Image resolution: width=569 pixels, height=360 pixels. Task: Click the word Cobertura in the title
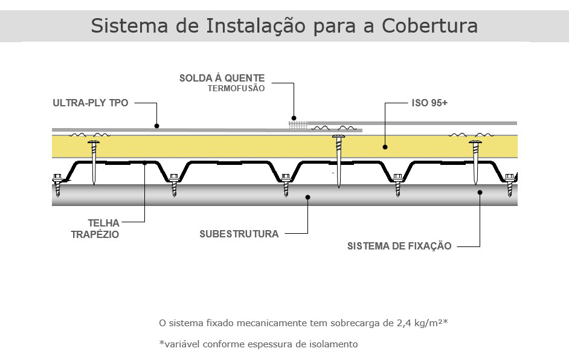click(x=429, y=25)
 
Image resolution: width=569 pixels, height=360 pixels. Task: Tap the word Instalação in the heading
click(x=256, y=27)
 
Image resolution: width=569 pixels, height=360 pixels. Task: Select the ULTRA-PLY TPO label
click(x=91, y=103)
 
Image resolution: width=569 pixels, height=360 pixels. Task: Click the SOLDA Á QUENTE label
click(x=222, y=78)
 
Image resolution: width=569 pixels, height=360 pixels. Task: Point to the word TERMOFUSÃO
click(x=236, y=89)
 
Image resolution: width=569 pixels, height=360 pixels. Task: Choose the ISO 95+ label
click(x=429, y=103)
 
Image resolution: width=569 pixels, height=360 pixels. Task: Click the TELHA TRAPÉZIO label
click(x=95, y=229)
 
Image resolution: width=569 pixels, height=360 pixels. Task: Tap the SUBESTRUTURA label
click(x=239, y=234)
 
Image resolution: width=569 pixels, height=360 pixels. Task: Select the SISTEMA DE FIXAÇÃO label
click(x=399, y=246)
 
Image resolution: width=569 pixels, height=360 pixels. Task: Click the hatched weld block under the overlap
click(x=298, y=126)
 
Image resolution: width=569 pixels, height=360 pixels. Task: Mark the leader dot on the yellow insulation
click(x=385, y=147)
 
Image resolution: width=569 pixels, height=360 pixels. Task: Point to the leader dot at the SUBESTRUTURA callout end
click(x=307, y=198)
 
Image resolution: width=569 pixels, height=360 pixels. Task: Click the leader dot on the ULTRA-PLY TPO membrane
click(x=157, y=126)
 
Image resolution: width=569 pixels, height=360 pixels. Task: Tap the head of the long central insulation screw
click(x=339, y=137)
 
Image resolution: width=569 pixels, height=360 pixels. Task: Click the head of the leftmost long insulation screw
click(x=94, y=143)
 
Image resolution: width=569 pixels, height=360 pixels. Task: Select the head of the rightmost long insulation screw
click(x=475, y=143)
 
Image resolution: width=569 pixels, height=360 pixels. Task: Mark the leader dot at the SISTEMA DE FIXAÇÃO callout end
click(x=480, y=192)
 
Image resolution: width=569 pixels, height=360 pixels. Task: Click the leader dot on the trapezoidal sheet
click(x=144, y=163)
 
